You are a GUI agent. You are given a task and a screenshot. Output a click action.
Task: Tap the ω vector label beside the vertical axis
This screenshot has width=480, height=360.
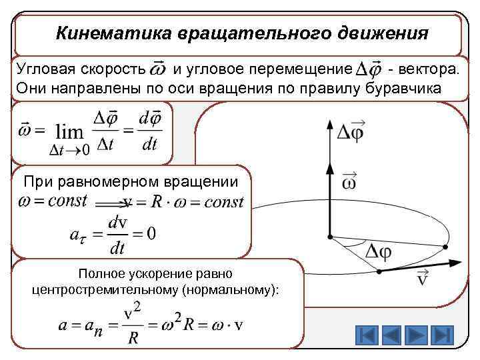(349, 182)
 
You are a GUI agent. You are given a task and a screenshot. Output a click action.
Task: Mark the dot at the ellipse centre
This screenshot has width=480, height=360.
(329, 235)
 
